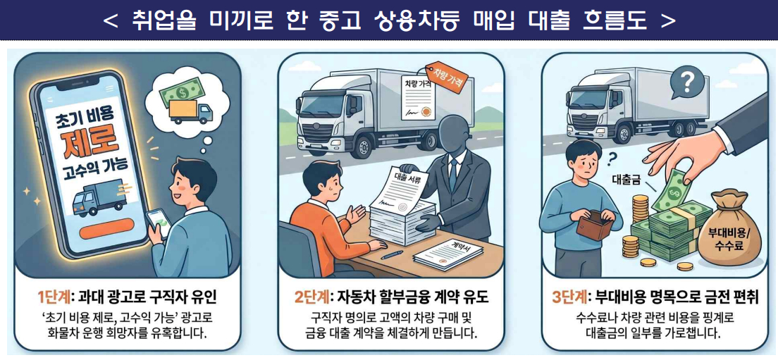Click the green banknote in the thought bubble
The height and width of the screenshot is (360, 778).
pos(178,92)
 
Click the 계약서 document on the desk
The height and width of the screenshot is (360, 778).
pos(448,253)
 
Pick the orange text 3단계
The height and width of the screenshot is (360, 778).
pos(570,298)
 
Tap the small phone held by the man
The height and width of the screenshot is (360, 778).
pos(159,223)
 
